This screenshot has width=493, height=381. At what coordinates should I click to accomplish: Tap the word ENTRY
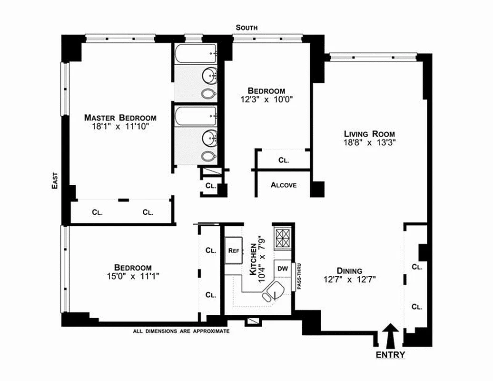[x=391, y=355]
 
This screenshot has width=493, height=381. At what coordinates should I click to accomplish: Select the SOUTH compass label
[x=246, y=28]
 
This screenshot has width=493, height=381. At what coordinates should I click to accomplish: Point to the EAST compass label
[x=55, y=181]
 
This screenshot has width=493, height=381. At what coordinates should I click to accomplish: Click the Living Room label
[x=370, y=134]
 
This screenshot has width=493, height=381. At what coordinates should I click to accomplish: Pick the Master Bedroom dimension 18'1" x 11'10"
[x=120, y=127]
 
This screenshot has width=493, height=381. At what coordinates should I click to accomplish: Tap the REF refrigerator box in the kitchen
[x=233, y=250]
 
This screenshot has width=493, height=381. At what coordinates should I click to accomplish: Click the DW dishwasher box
[x=282, y=269]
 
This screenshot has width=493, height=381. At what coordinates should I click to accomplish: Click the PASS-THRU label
[x=299, y=278]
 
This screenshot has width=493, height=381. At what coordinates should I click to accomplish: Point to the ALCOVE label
[x=284, y=185]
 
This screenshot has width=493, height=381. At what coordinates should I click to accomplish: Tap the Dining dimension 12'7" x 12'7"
[x=350, y=280]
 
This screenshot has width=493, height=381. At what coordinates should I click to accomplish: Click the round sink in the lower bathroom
[x=210, y=139]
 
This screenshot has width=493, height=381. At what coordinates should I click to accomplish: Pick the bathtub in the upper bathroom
[x=196, y=54]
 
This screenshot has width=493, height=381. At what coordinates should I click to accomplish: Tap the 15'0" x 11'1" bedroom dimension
[x=133, y=276]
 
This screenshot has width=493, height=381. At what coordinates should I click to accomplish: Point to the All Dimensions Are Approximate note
[x=181, y=331]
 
